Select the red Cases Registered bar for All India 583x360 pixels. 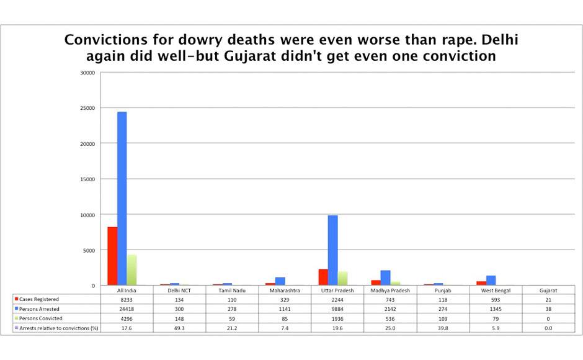(112, 256)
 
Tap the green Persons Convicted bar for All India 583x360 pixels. (132, 270)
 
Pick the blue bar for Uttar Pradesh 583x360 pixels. (332, 250)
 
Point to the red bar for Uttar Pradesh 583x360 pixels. (323, 277)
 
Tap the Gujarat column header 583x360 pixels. (548, 290)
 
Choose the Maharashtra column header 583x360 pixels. (285, 290)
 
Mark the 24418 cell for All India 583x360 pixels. (127, 308)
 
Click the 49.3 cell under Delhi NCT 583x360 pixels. (179, 327)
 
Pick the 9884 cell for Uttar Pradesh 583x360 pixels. (337, 308)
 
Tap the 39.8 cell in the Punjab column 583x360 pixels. (443, 327)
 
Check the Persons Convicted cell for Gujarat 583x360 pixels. (548, 318)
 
